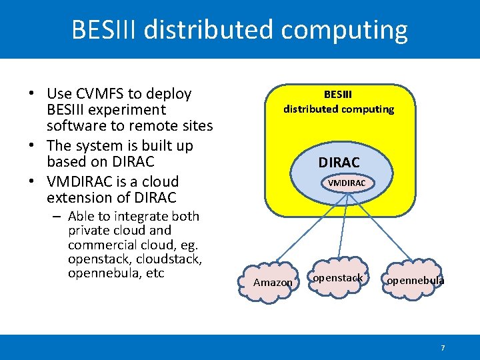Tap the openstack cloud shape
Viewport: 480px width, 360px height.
(338, 277)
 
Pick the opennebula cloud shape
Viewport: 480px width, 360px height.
(415, 281)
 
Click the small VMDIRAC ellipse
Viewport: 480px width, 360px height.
(346, 183)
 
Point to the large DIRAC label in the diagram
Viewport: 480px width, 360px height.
(339, 162)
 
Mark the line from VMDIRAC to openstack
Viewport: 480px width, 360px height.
(341, 227)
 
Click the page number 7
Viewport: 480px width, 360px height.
(443, 348)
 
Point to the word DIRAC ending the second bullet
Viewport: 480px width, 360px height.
(133, 161)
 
